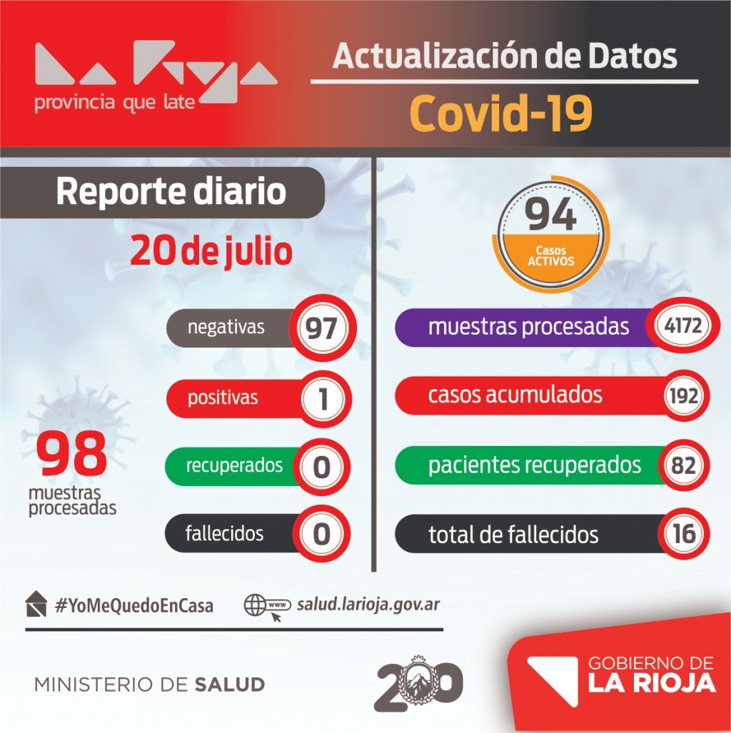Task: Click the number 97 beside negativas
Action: point(321,329)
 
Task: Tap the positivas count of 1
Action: point(323,398)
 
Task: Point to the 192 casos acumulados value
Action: point(684,395)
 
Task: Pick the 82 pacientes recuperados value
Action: point(684,465)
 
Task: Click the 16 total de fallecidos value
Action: point(684,534)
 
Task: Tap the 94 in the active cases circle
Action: point(551,215)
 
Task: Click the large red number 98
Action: point(72,455)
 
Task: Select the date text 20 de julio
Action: point(211,252)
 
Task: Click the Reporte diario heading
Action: point(171,192)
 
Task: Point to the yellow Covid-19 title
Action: point(502,114)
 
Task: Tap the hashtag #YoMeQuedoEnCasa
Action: point(133,606)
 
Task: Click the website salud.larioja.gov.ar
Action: point(368,605)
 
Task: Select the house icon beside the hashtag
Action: point(36,605)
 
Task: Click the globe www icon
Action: point(265,607)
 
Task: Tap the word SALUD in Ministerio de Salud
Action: point(229,684)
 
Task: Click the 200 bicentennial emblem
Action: point(418,684)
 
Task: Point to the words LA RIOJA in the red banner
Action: point(651,683)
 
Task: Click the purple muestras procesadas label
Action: point(528,327)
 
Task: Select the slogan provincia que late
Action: point(114,103)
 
